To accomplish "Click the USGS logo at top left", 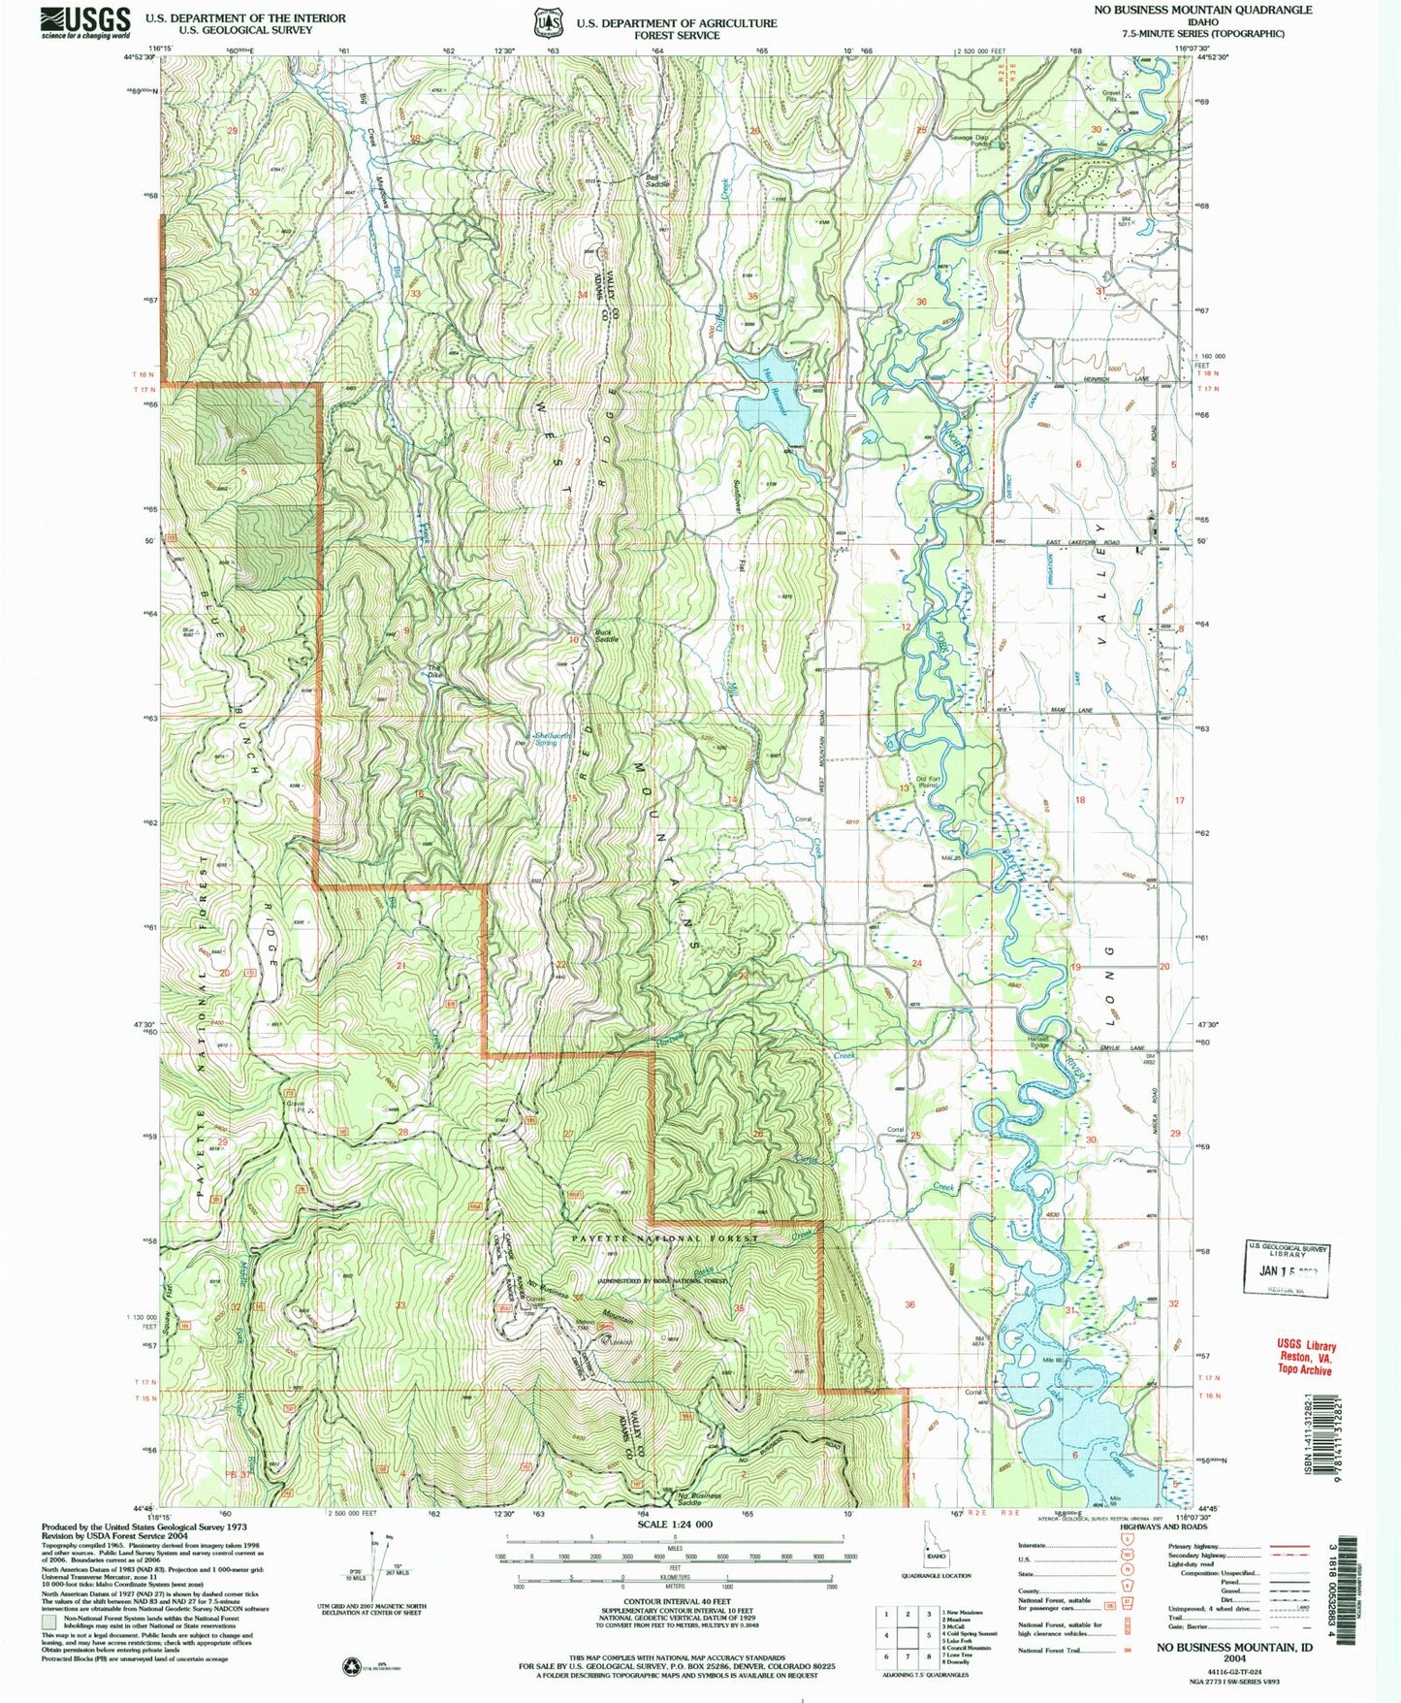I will pos(85,21).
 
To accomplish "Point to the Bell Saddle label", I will pos(658,180).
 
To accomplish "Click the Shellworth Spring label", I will pos(548,739).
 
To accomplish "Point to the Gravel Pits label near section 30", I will pos(1111,96).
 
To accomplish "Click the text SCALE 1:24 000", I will pos(674,1525).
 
